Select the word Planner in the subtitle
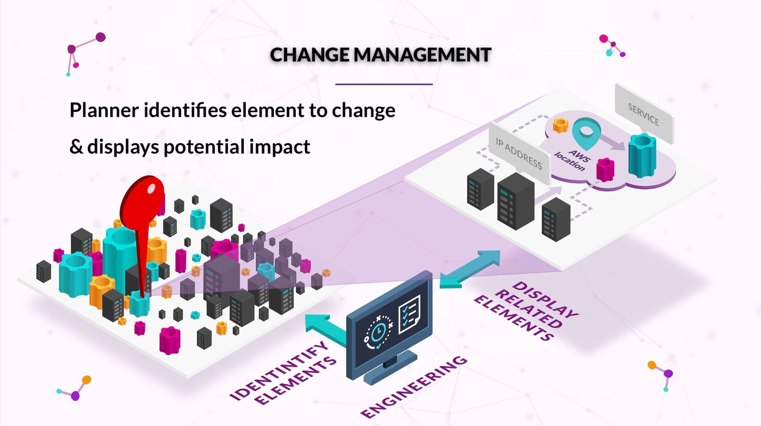(104, 111)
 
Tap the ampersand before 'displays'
(76, 147)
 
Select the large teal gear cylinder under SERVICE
(642, 155)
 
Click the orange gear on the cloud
(560, 125)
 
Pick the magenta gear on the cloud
(605, 169)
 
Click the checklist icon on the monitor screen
(409, 314)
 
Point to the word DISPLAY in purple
(545, 299)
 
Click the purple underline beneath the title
(384, 84)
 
